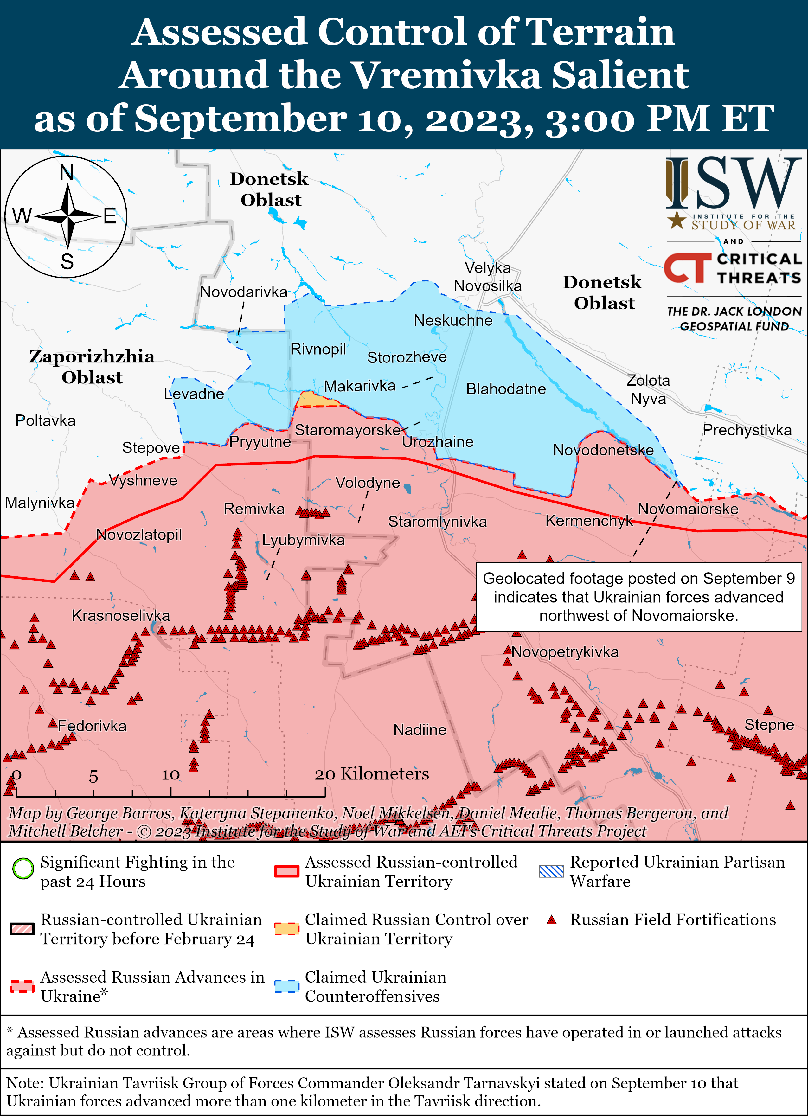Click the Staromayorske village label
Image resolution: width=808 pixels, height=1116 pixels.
347,430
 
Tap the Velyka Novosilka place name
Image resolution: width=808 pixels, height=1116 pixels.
488,277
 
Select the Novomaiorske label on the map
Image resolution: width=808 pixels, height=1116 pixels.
688,509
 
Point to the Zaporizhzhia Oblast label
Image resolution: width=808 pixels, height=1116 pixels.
92,367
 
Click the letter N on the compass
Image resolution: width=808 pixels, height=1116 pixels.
67,173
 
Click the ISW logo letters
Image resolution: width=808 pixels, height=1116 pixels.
733,183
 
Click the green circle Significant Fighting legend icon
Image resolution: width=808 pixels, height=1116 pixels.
23,869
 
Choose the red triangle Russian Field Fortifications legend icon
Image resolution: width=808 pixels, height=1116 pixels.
552,920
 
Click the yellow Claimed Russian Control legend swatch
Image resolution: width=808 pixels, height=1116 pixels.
287,928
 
